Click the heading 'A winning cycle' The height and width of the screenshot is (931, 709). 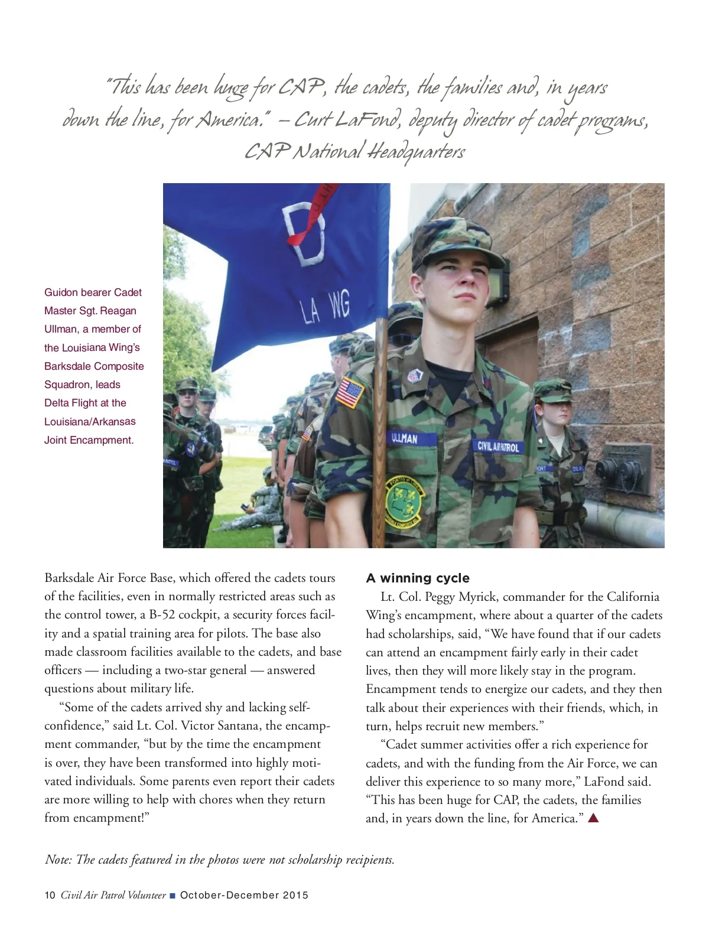[x=418, y=578]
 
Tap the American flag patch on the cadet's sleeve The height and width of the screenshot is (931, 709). [x=350, y=392]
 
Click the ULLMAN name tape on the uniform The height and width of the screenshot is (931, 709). [x=405, y=438]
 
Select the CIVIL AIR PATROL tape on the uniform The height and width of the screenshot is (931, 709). [x=498, y=447]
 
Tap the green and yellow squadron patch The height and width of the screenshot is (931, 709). [x=406, y=502]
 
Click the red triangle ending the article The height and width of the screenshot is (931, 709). [x=594, y=818]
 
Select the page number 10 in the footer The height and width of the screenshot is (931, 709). [x=50, y=895]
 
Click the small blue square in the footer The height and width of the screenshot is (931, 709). [x=173, y=896]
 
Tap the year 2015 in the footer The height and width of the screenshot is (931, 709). [x=295, y=895]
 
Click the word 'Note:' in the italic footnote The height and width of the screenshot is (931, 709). [x=58, y=860]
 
